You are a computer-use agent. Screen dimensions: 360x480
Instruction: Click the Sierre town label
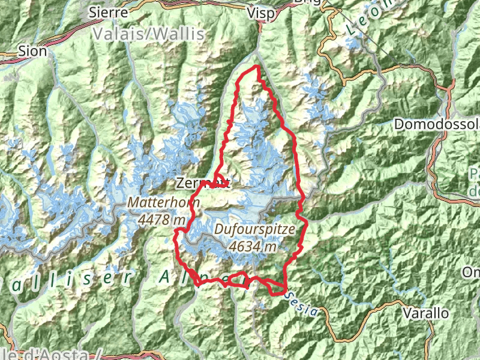(x=108, y=12)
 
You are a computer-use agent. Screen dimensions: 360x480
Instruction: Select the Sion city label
(x=32, y=51)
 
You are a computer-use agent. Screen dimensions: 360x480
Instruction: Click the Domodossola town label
(x=437, y=124)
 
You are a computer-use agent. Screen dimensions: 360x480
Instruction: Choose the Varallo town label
(x=426, y=313)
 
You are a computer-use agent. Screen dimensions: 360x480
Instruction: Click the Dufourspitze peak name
(x=254, y=229)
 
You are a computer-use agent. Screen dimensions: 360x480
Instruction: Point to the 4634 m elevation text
(x=253, y=245)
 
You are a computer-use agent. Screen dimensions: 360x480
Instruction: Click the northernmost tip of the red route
(x=257, y=65)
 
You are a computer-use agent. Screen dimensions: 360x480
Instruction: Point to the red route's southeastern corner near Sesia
(x=282, y=291)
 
